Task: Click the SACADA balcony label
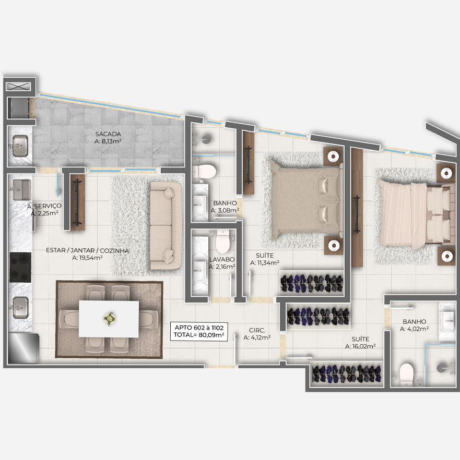click(108, 134)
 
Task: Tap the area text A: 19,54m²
click(87, 258)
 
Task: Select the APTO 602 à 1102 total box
click(199, 332)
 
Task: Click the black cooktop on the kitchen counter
click(20, 267)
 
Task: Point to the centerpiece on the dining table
click(109, 319)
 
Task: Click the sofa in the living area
click(166, 225)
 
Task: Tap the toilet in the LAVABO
click(222, 241)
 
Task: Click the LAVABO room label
click(222, 259)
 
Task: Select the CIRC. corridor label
click(257, 330)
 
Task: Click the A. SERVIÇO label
click(44, 206)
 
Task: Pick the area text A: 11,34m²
click(265, 263)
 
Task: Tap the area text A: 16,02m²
click(360, 346)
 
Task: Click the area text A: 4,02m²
click(414, 329)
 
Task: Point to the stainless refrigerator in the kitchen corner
click(23, 348)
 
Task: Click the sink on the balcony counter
click(20, 146)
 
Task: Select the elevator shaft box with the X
click(18, 87)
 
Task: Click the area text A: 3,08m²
click(225, 210)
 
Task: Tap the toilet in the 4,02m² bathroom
click(406, 374)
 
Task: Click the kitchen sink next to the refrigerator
click(20, 307)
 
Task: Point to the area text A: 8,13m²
click(108, 141)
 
